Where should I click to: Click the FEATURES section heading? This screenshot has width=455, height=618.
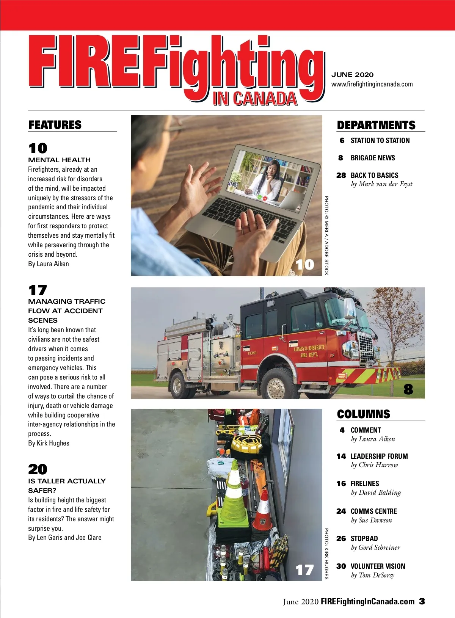[55, 125]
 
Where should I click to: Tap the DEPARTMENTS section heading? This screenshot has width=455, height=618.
[376, 125]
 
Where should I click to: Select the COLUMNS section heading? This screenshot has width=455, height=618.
[363, 414]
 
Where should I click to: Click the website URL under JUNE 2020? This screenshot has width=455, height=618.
[372, 84]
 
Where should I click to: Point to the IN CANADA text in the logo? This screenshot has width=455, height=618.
[255, 99]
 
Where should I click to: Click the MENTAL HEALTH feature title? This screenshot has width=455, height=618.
[60, 160]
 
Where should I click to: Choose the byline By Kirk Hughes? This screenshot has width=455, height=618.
[49, 443]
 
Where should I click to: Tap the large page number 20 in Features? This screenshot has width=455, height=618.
[38, 469]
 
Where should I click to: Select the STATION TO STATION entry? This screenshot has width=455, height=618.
[380, 141]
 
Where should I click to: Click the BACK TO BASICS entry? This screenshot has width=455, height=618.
[374, 175]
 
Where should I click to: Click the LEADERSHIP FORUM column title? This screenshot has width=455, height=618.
[379, 456]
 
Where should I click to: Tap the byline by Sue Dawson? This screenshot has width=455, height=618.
[371, 520]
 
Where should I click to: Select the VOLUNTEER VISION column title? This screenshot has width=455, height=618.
[378, 566]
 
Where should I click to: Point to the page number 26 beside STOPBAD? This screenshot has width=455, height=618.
[341, 538]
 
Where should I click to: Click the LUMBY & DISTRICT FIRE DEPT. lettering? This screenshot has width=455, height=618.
[309, 351]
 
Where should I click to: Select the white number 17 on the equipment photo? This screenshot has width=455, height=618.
[304, 570]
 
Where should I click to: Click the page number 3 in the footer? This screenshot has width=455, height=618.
[422, 601]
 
